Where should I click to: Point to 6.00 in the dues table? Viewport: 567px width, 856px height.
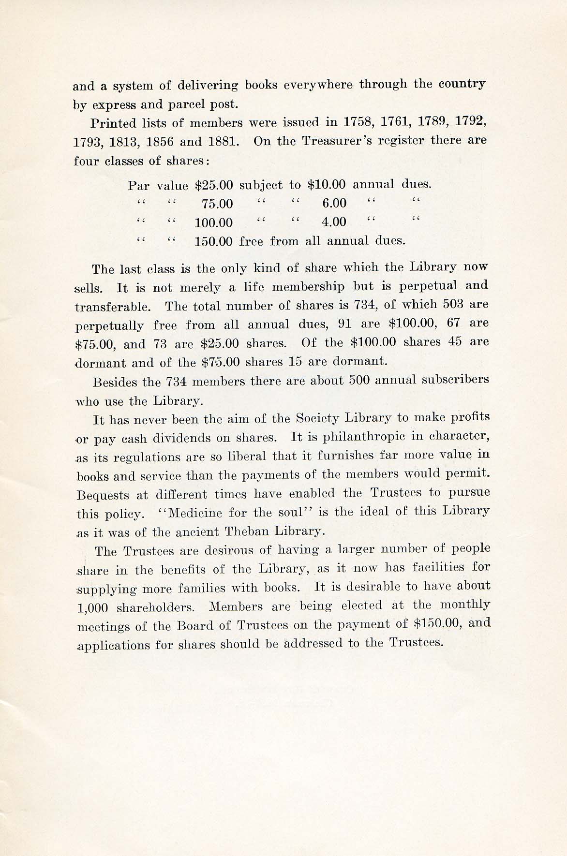(334, 203)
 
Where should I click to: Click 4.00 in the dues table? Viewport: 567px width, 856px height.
(334, 222)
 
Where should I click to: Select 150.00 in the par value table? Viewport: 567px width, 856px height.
(213, 241)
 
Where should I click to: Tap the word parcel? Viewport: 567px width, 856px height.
(181, 103)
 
